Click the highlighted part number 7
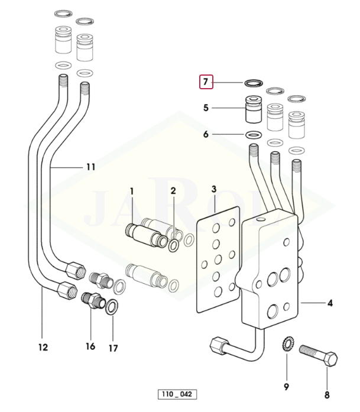tap(206, 82)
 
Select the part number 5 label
tap(206, 108)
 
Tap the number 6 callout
tap(206, 134)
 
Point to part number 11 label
tap(90, 167)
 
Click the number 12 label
tap(43, 347)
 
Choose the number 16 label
tap(90, 346)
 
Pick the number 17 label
tap(113, 348)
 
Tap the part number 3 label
tap(214, 190)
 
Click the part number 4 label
tap(330, 303)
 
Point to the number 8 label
tap(326, 394)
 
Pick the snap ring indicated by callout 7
tap(254, 83)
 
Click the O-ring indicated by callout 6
tap(253, 135)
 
